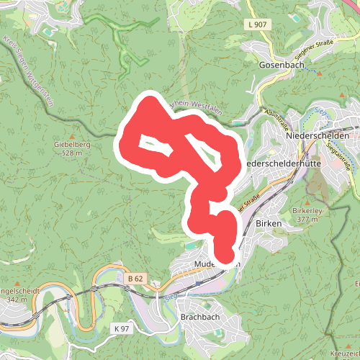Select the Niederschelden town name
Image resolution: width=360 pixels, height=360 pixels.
click(x=318, y=135)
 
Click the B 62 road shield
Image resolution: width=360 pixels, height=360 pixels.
click(x=134, y=277)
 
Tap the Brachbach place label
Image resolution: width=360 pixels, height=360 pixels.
click(x=199, y=317)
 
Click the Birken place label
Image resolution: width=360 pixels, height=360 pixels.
click(x=269, y=224)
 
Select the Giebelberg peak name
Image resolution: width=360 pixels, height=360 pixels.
click(x=72, y=144)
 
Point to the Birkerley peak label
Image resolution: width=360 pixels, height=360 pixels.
click(x=305, y=210)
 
